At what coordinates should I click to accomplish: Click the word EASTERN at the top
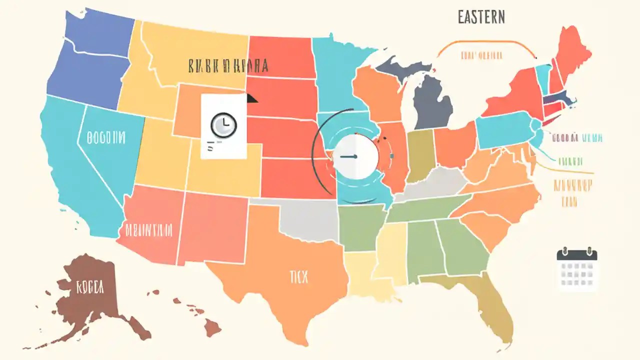click(481, 17)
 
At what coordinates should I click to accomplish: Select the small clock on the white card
click(223, 125)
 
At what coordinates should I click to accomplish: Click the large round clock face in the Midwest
click(355, 156)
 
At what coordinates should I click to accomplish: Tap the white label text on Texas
click(299, 276)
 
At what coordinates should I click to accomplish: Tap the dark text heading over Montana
click(228, 65)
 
